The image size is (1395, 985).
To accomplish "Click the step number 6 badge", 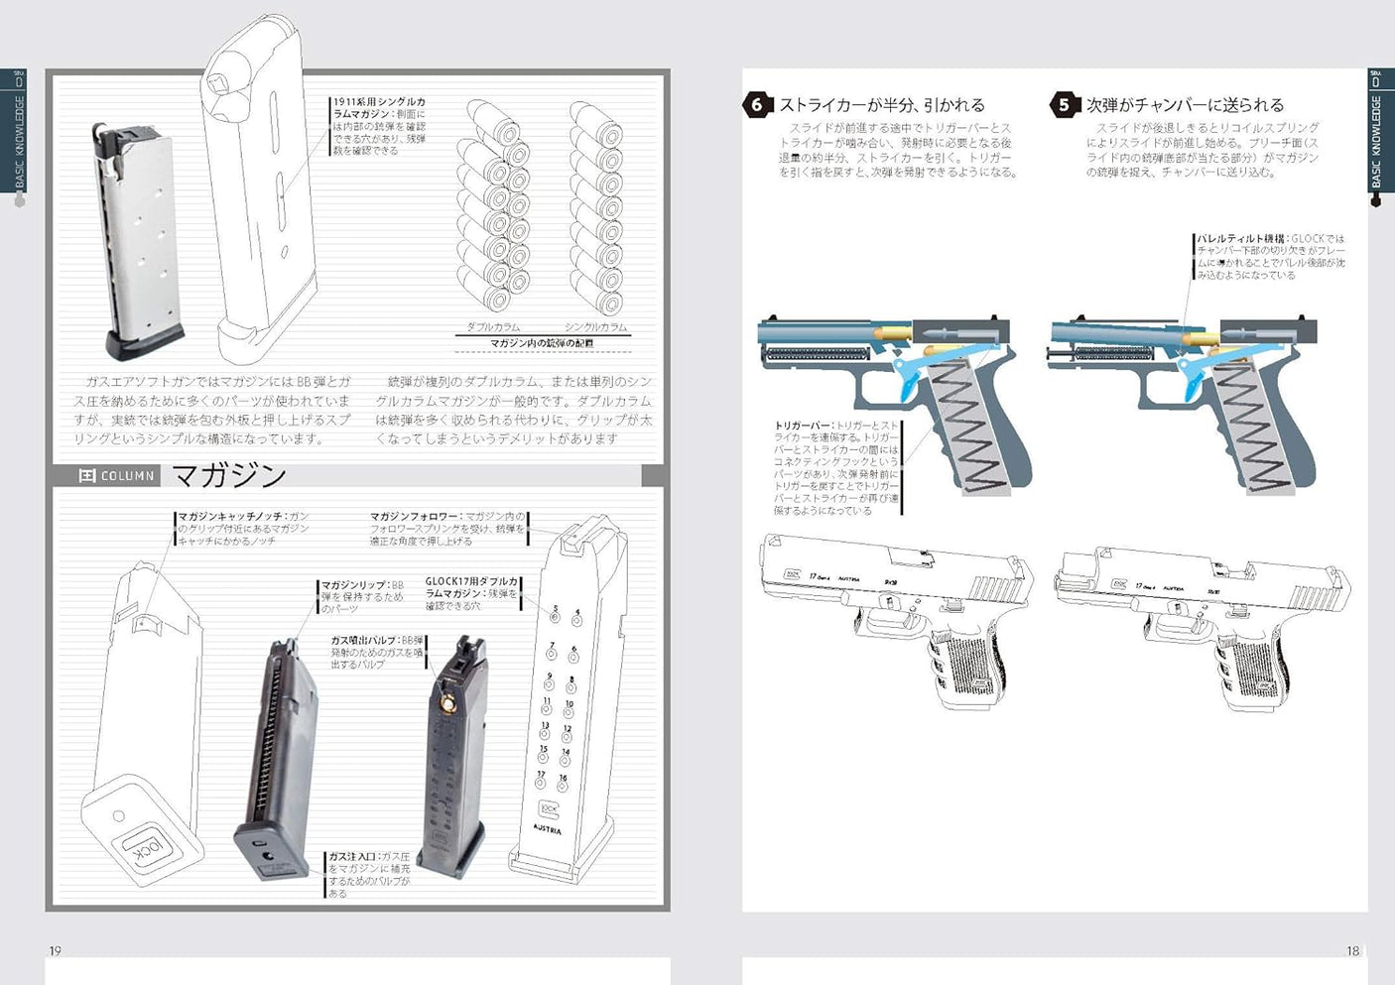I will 757,105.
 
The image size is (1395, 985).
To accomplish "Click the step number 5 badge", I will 1064,105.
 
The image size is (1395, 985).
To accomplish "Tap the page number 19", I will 56,950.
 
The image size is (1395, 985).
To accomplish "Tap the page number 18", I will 1352,950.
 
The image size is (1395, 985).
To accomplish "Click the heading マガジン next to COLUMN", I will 229,476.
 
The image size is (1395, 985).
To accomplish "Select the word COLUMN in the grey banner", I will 128,476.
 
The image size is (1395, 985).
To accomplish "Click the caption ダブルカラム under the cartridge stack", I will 493,326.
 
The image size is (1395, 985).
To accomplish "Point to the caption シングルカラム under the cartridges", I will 595,326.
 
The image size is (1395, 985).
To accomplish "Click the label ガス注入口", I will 352,856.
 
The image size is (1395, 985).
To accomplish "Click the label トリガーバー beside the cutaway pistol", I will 803,426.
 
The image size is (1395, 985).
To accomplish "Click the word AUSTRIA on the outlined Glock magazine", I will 548,829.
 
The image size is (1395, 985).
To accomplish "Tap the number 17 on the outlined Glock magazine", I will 542,775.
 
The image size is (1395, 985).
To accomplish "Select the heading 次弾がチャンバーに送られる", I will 1185,105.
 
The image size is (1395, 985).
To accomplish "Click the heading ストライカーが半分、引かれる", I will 882,105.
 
